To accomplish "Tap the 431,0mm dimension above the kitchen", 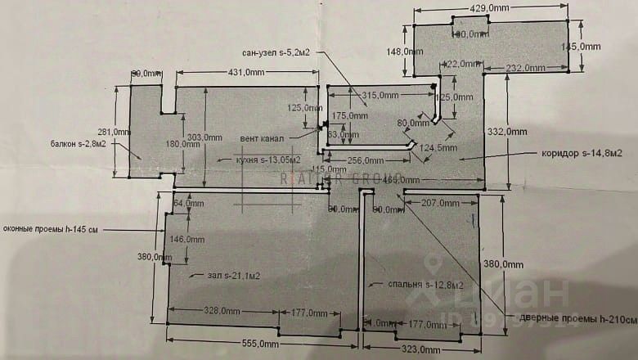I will tap(245, 73).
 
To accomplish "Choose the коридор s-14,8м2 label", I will tap(582, 153).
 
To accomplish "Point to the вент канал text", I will tap(263, 137).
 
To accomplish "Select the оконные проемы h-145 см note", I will tap(51, 230).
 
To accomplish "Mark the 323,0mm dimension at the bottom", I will tap(420, 350).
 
